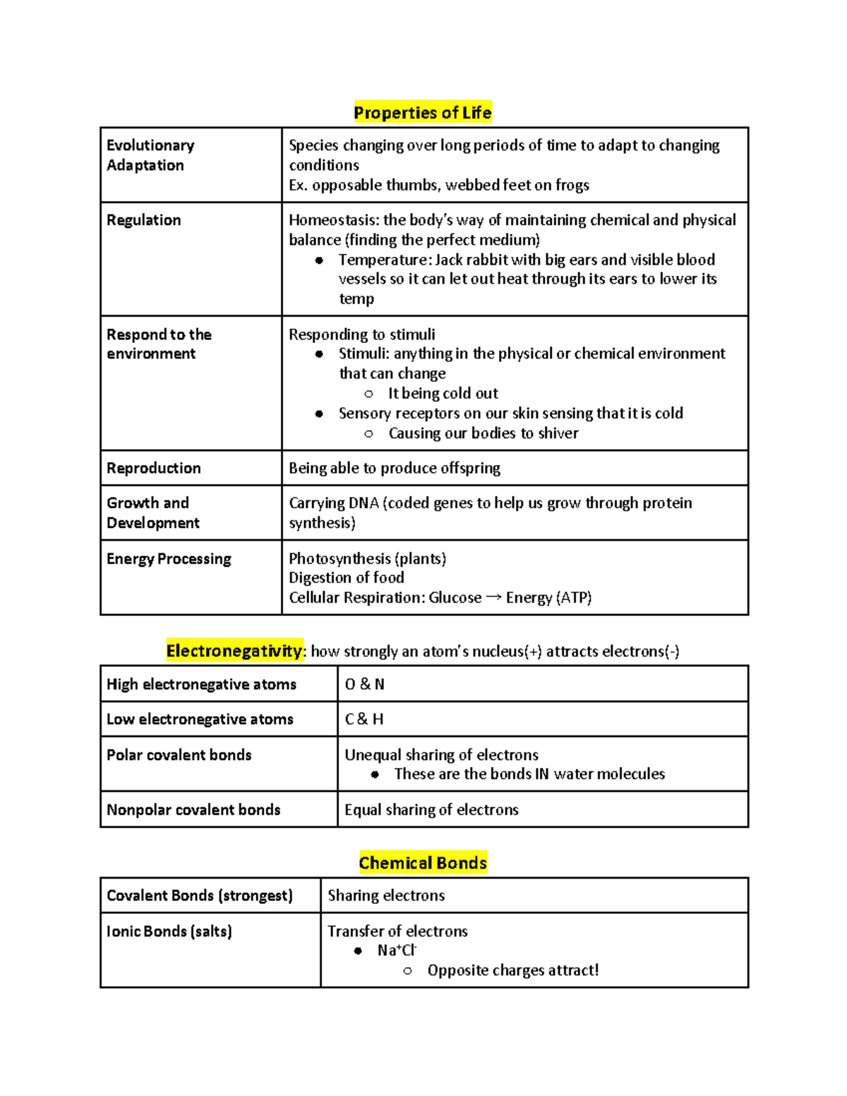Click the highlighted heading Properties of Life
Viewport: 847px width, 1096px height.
[x=422, y=113]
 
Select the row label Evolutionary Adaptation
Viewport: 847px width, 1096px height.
[x=150, y=155]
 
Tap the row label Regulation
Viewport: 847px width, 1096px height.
[x=143, y=220]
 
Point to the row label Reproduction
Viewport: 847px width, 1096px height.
[x=153, y=468]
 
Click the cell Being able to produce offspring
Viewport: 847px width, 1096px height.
[x=394, y=468]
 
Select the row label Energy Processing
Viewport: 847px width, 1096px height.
[x=169, y=559]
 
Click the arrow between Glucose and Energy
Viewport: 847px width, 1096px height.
[x=493, y=597]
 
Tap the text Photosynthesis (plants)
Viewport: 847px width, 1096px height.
[x=367, y=559]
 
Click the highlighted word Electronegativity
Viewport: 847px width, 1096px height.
[x=234, y=651]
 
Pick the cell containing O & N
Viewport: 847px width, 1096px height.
[x=364, y=684]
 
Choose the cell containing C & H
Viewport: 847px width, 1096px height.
[x=364, y=719]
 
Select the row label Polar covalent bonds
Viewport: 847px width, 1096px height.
[x=179, y=755]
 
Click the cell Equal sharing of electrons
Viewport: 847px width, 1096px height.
[x=431, y=809]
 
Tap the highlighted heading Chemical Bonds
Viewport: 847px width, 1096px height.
[x=422, y=863]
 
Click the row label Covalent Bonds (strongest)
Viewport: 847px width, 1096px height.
[x=199, y=896]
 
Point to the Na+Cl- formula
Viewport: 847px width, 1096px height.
[x=397, y=951]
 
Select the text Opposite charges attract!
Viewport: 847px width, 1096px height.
[x=512, y=970]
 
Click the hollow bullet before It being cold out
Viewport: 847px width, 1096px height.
[x=368, y=394]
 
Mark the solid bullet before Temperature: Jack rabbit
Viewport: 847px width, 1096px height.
[x=319, y=260]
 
